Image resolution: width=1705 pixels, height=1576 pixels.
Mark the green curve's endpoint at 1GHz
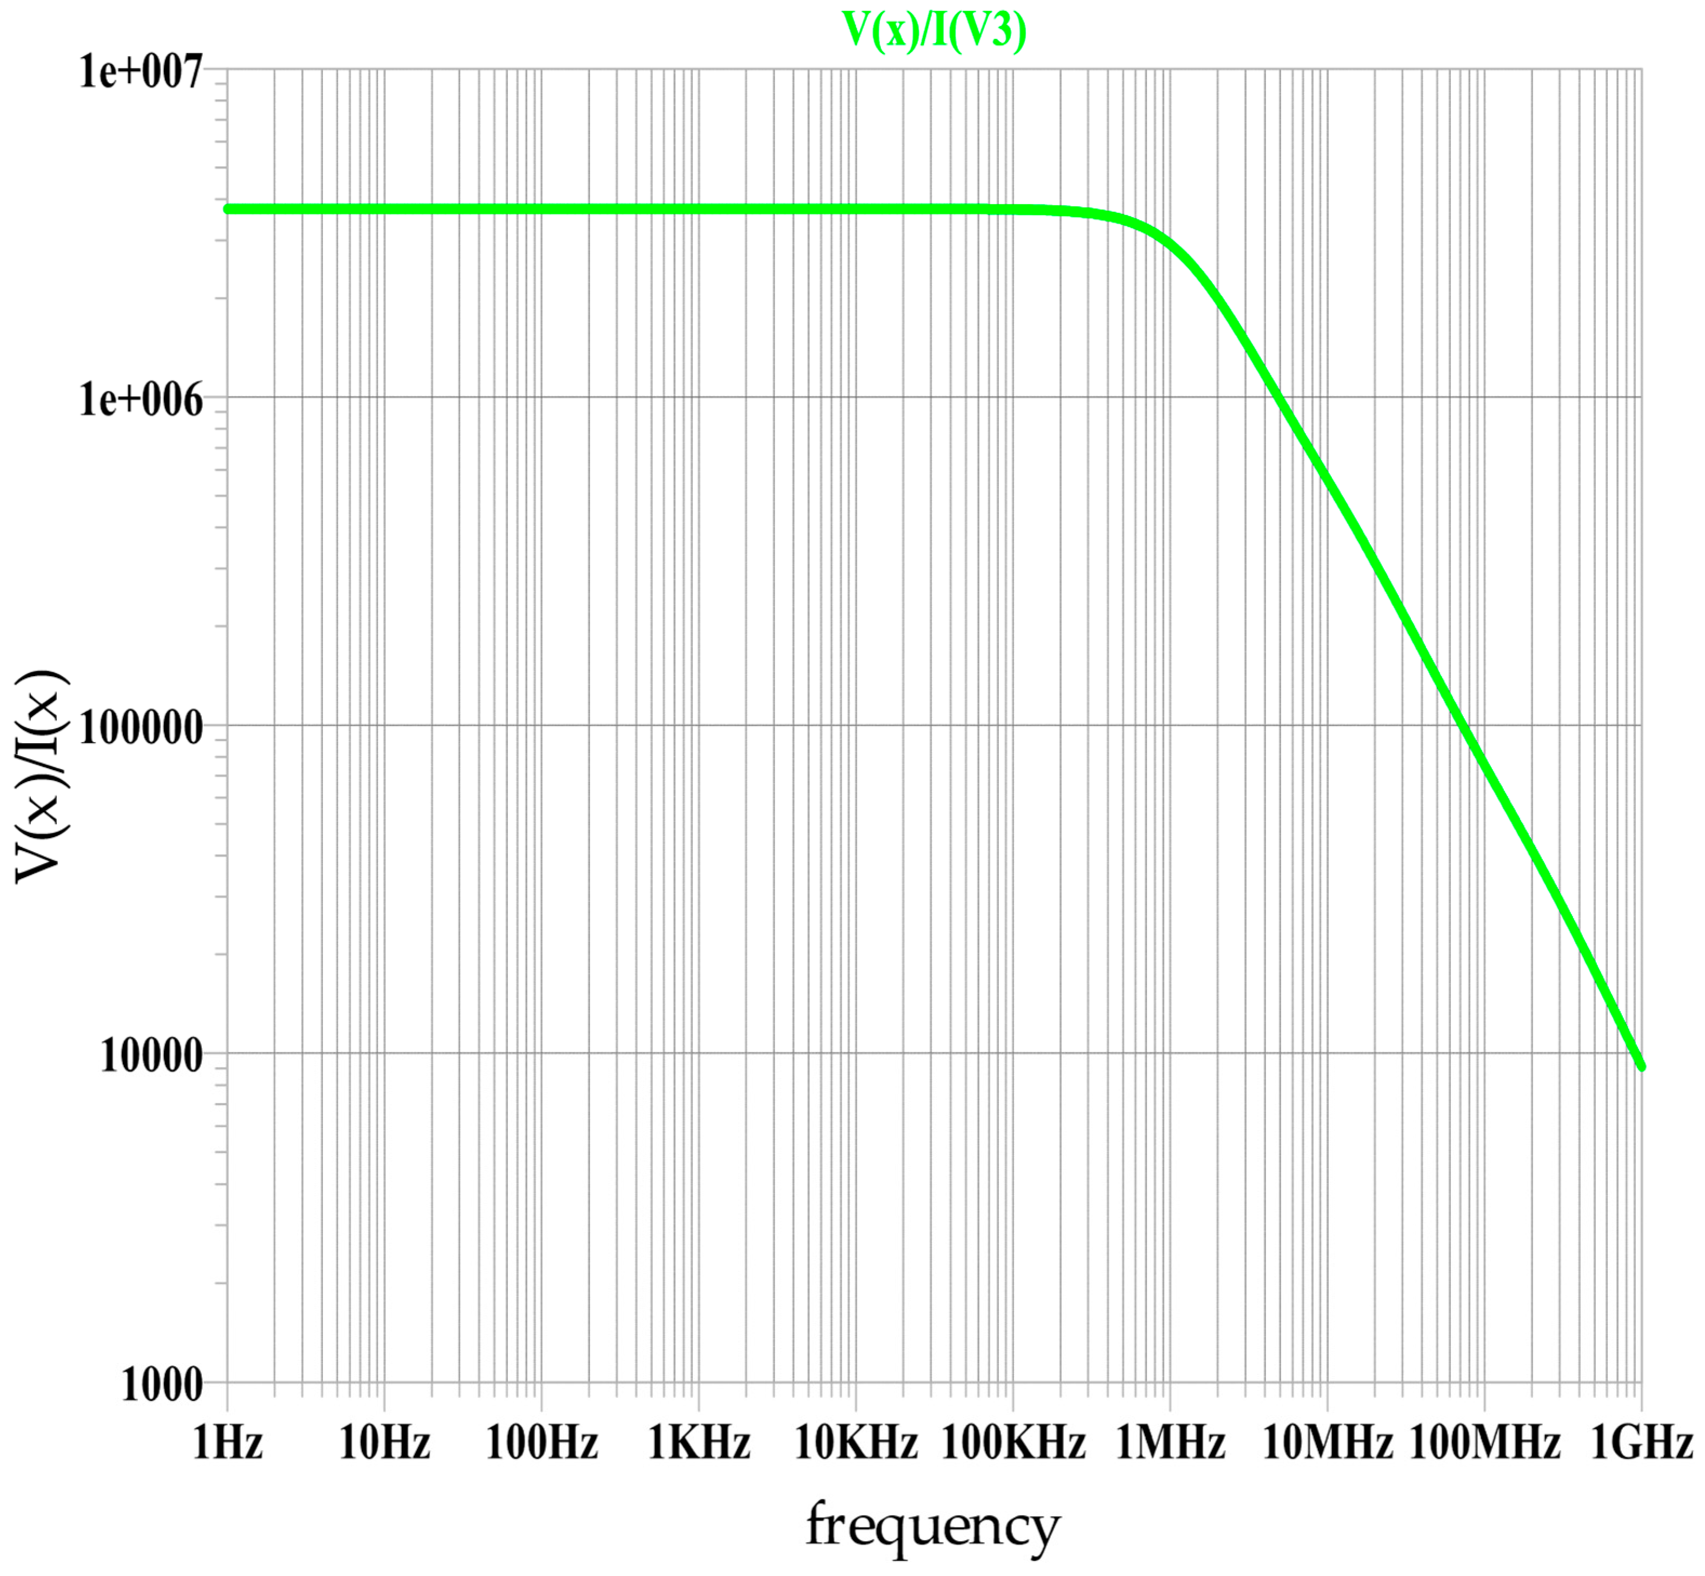pyautogui.click(x=1641, y=1066)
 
